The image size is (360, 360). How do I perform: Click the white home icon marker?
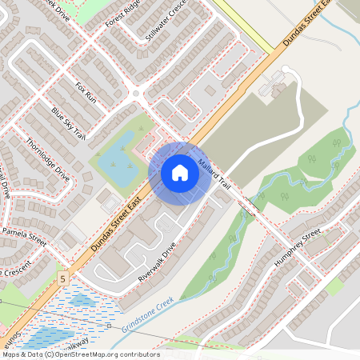coord(180,172)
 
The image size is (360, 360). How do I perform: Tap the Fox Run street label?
coord(85,94)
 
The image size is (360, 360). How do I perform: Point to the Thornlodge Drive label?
coord(48,159)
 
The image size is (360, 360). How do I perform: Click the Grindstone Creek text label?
coord(148,316)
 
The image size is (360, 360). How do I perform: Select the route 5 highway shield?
coord(61,278)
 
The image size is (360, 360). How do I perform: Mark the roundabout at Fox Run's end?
coord(137,94)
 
